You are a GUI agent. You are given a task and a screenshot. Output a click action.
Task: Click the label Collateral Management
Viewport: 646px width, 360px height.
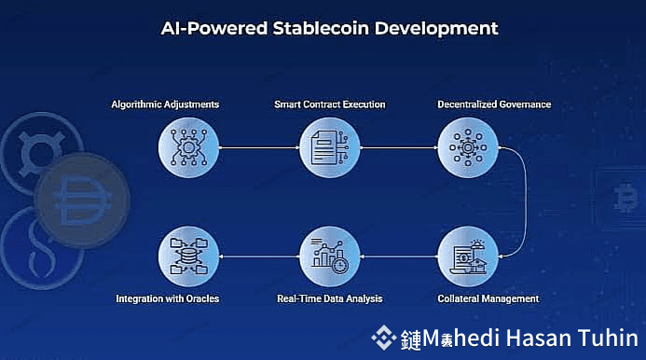488,298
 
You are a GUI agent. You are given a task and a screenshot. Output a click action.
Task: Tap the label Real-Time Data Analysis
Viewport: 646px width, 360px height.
330,298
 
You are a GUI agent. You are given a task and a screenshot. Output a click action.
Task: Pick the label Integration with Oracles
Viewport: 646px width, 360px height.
168,298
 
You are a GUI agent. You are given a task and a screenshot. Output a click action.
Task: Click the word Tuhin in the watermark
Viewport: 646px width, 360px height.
610,339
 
